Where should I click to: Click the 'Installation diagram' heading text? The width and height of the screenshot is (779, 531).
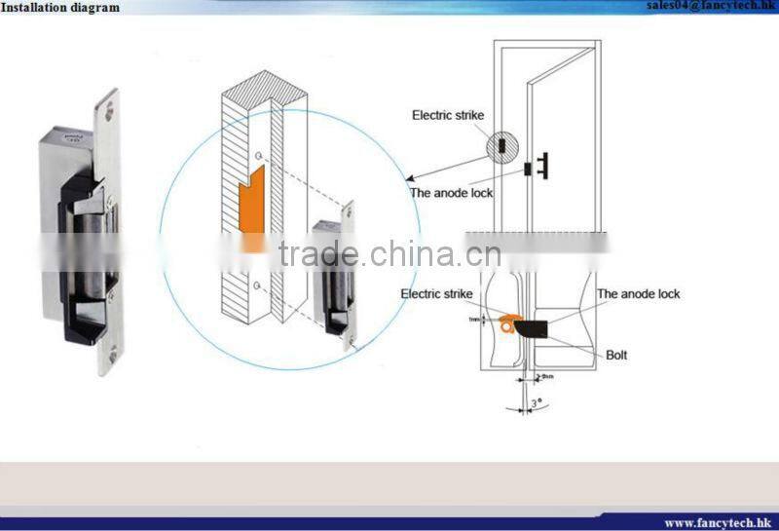click(x=60, y=8)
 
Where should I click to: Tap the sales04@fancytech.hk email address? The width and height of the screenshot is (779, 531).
click(x=712, y=6)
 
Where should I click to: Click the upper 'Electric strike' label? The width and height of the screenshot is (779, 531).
click(x=447, y=115)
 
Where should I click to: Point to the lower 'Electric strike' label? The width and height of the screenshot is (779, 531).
click(x=436, y=293)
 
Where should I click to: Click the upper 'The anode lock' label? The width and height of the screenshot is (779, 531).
click(x=451, y=193)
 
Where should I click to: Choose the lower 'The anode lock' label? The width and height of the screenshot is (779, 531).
click(x=638, y=293)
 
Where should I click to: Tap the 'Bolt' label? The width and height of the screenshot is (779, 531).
click(x=616, y=355)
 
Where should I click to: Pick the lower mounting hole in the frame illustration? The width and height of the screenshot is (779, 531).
click(x=255, y=284)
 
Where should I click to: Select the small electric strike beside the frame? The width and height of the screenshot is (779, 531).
click(x=333, y=275)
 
